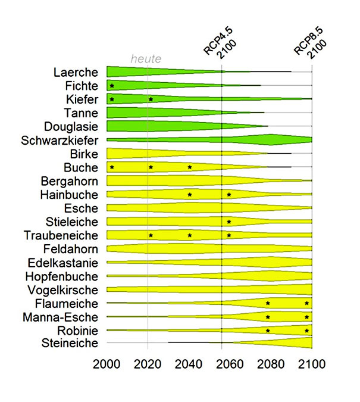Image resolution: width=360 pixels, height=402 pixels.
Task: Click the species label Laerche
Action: point(75,73)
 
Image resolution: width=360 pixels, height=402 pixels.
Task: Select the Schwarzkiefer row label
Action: point(58,141)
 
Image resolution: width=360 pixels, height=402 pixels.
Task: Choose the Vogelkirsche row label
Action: point(62,289)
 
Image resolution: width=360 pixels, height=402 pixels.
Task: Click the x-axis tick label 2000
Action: point(107,364)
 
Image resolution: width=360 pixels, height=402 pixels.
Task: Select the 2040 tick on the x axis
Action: point(189,364)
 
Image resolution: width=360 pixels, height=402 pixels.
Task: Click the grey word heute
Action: point(146,58)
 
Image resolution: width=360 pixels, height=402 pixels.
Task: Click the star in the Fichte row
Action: point(112,86)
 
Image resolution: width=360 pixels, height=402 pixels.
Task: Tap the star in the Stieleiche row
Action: point(228,222)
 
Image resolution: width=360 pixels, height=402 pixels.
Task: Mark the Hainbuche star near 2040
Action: point(190,195)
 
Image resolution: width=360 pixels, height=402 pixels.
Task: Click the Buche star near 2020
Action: point(151,167)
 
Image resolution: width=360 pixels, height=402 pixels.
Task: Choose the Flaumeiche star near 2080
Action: point(268,303)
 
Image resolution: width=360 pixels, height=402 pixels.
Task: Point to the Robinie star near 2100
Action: point(306,331)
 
